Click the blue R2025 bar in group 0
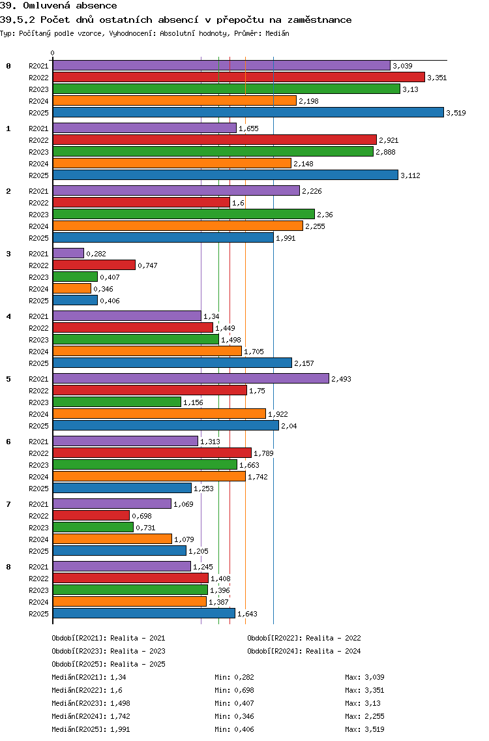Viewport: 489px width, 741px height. pyautogui.click(x=248, y=112)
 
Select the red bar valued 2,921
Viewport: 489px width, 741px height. pyautogui.click(x=215, y=140)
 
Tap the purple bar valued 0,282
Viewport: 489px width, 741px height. pyautogui.click(x=68, y=253)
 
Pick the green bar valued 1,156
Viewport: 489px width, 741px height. pyautogui.click(x=117, y=402)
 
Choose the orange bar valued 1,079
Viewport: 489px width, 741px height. pyautogui.click(x=112, y=539)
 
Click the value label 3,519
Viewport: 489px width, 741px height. pyautogui.click(x=456, y=113)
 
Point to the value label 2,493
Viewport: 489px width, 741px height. pyautogui.click(x=341, y=379)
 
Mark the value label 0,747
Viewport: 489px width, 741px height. pyautogui.click(x=147, y=265)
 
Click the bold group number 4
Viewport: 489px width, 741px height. pyautogui.click(x=8, y=316)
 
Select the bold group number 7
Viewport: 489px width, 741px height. pyautogui.click(x=8, y=504)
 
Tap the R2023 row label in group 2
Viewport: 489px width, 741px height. pyautogui.click(x=38, y=215)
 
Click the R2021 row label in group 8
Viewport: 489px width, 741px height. pyautogui.click(x=38, y=567)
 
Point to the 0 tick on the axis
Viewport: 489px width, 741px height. pyautogui.click(x=53, y=53)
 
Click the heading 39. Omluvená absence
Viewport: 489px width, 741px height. pyautogui.click(x=59, y=6)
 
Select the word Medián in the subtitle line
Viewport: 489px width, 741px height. pyautogui.click(x=278, y=33)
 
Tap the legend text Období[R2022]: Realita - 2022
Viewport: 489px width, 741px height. pyautogui.click(x=304, y=639)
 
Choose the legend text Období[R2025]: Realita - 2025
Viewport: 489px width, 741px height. pyautogui.click(x=108, y=664)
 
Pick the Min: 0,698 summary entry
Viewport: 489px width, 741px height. pyautogui.click(x=234, y=690)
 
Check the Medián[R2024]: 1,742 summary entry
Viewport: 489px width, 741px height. pyautogui.click(x=91, y=716)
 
